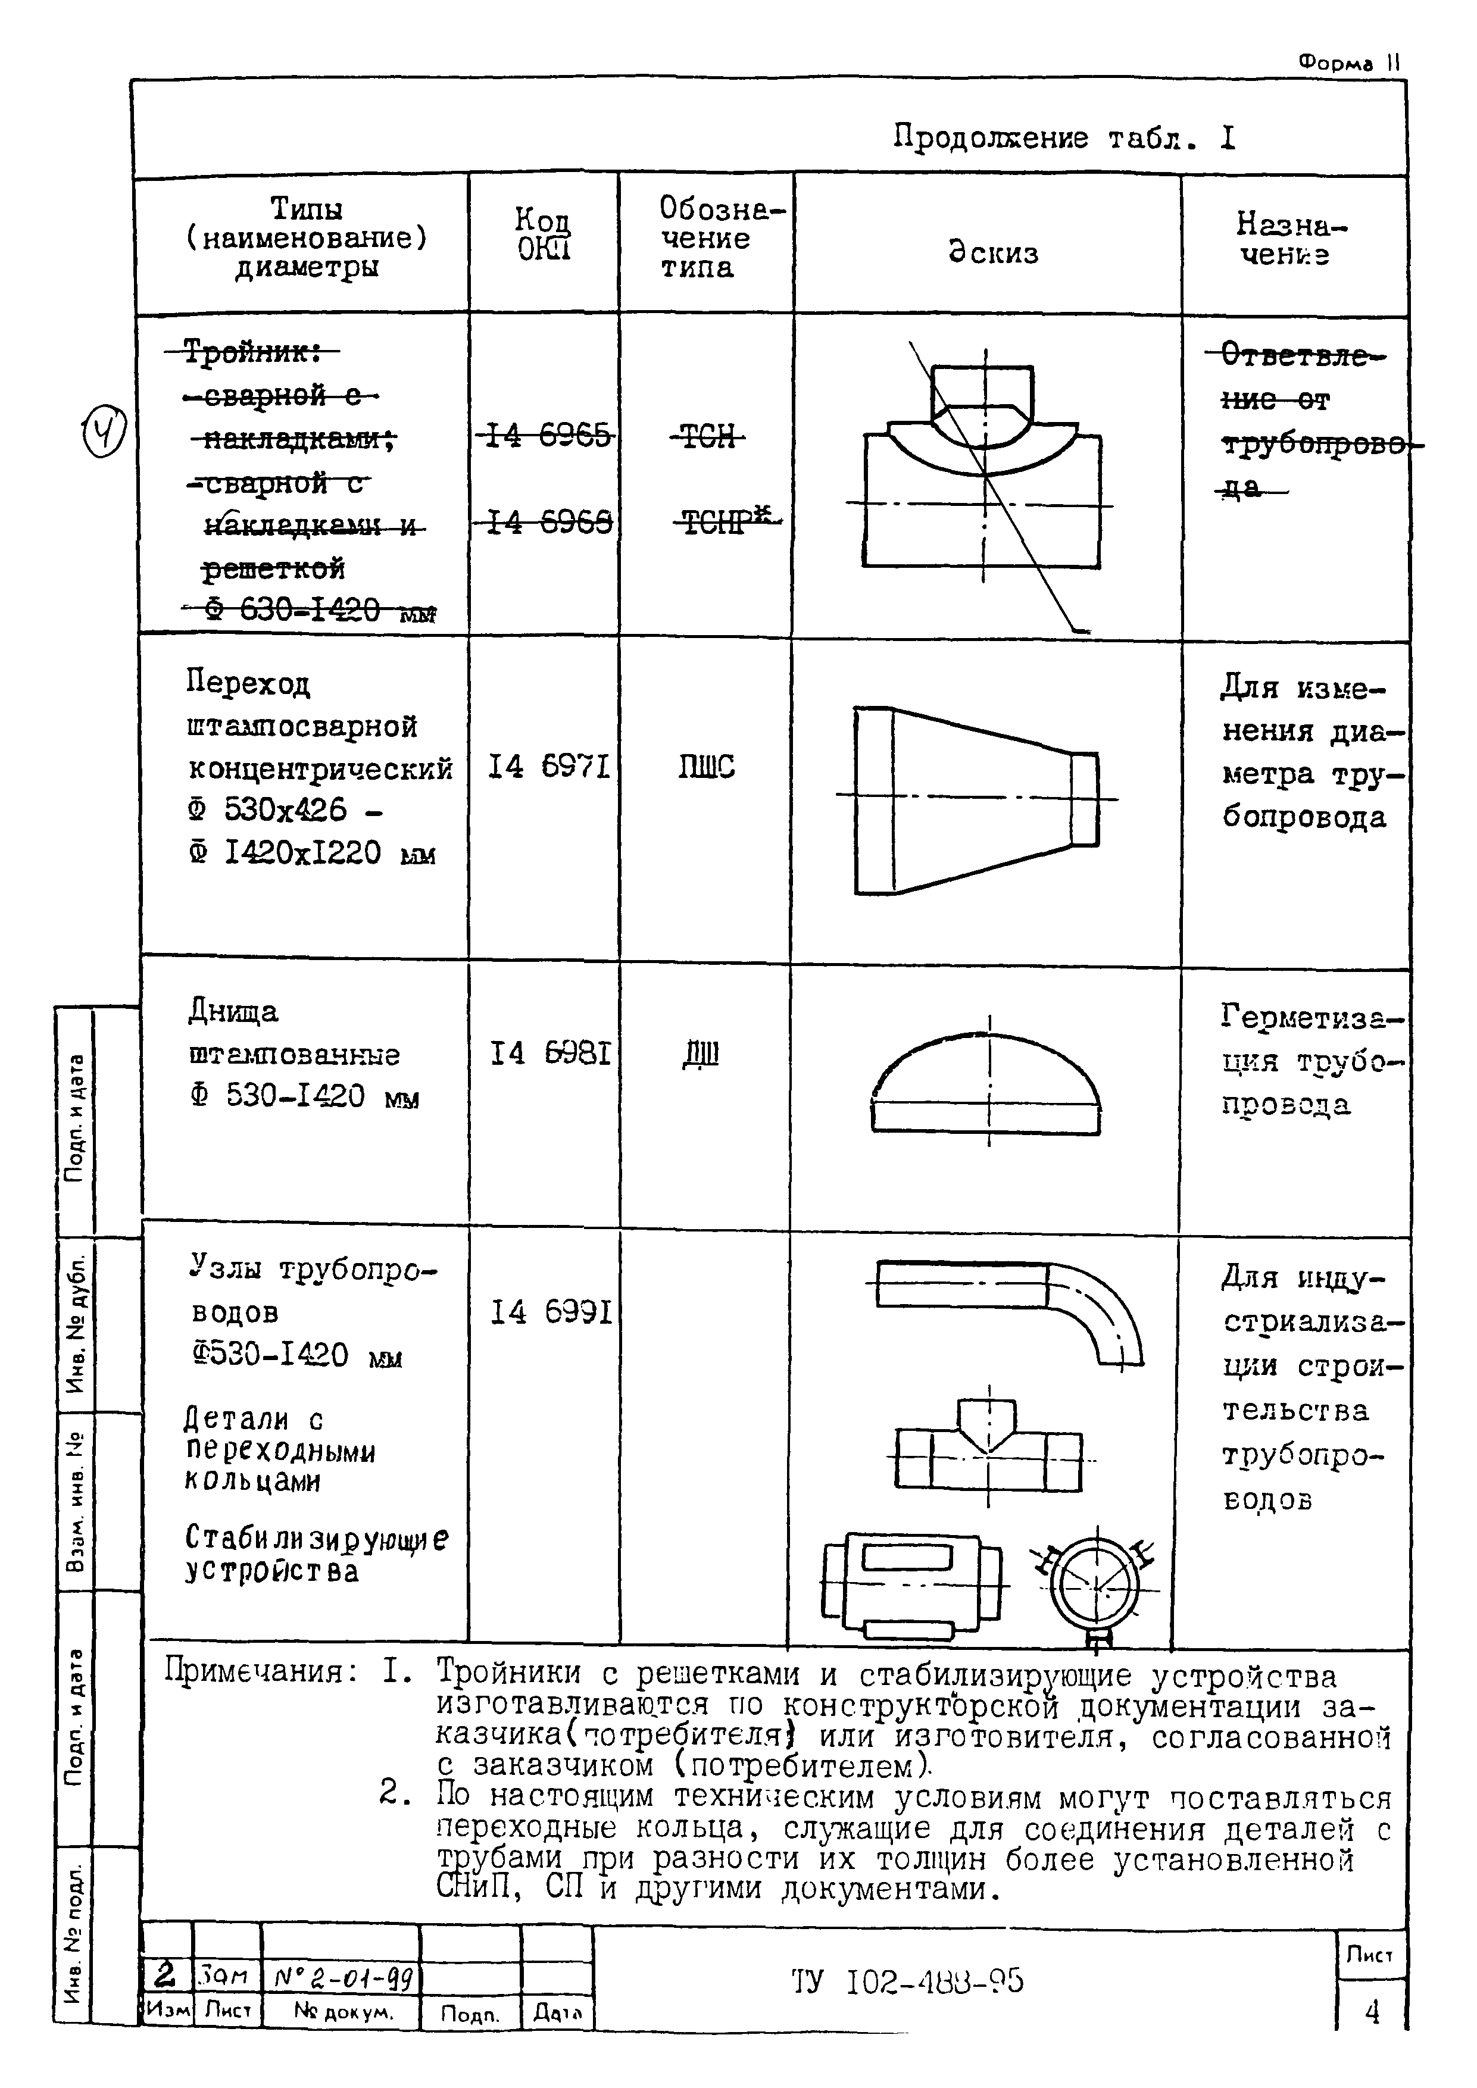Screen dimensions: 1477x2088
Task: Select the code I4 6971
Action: click(548, 768)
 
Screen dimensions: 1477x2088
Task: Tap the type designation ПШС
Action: click(707, 768)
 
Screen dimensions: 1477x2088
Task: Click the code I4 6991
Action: click(550, 1312)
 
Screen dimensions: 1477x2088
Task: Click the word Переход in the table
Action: click(248, 682)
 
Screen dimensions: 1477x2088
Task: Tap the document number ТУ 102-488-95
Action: click(907, 1980)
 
